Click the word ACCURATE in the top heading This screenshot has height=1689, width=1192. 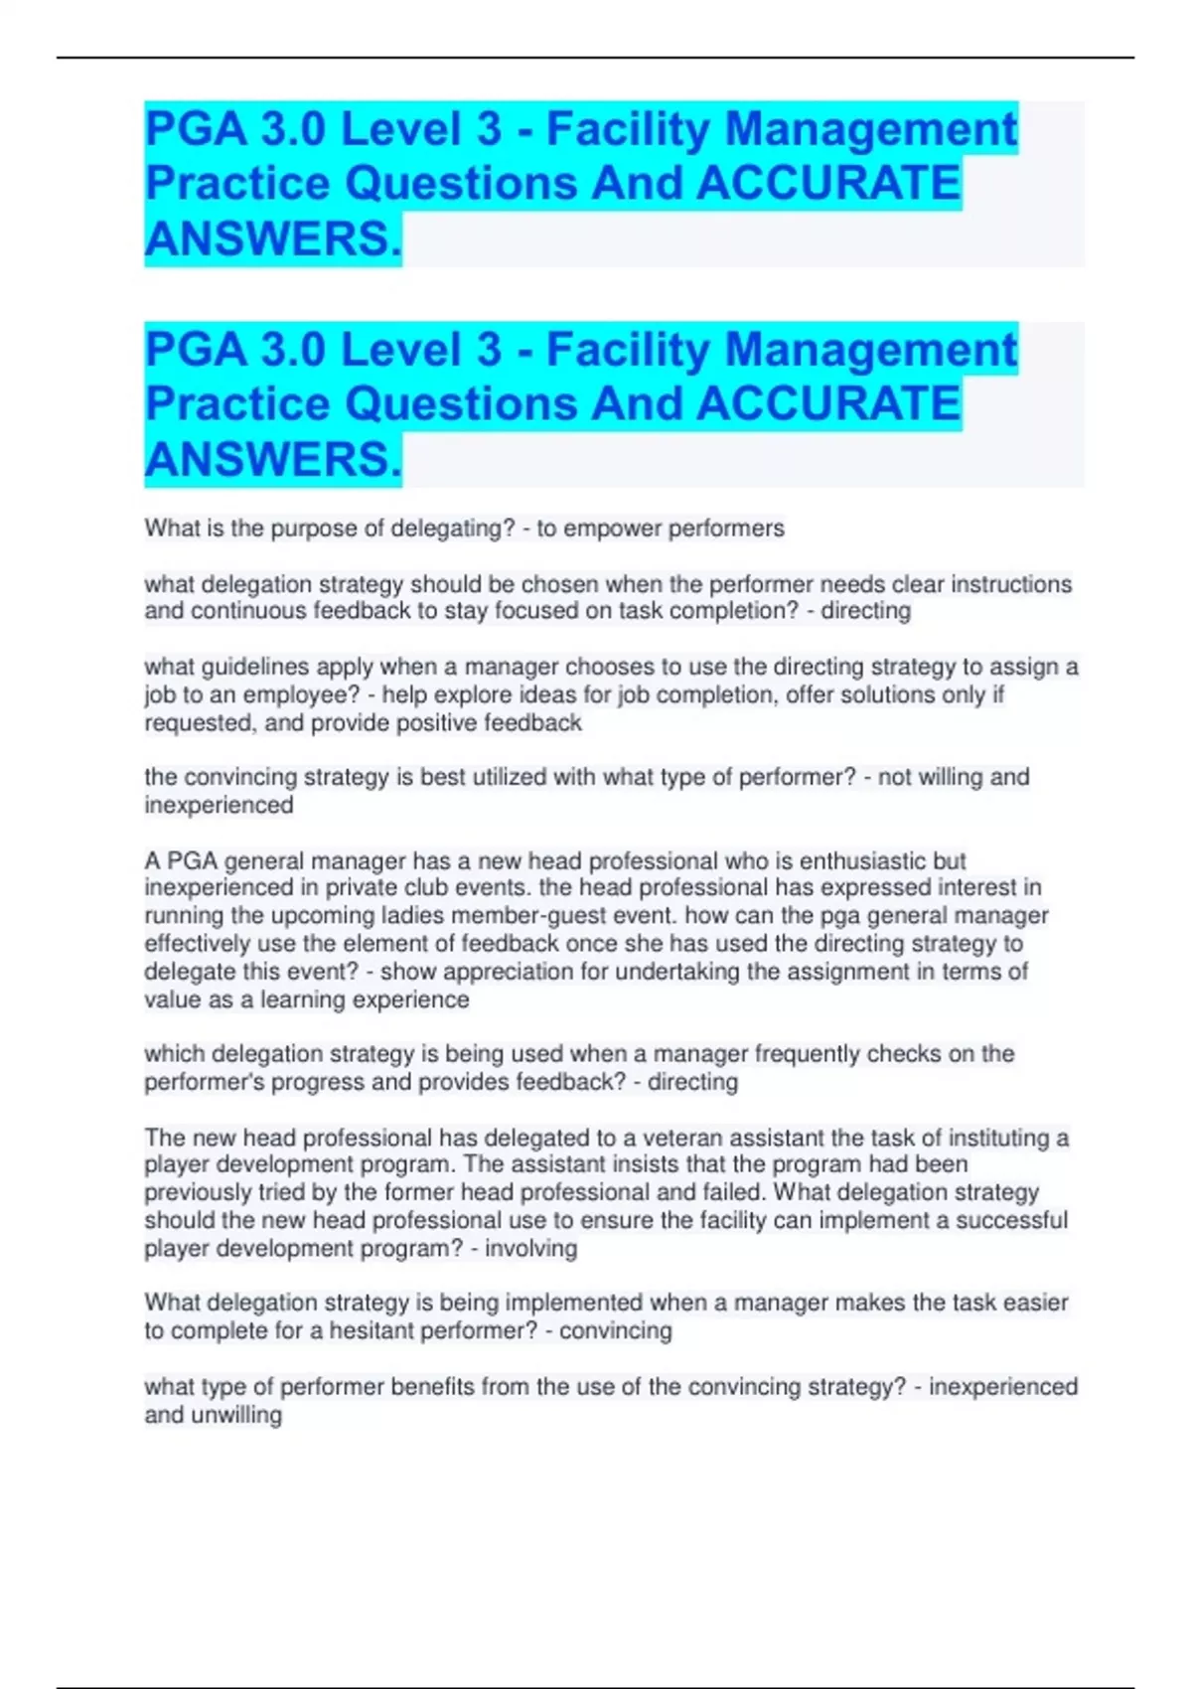pos(828,183)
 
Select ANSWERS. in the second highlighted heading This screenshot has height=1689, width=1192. pos(273,459)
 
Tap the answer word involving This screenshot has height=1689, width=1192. pos(530,1248)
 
